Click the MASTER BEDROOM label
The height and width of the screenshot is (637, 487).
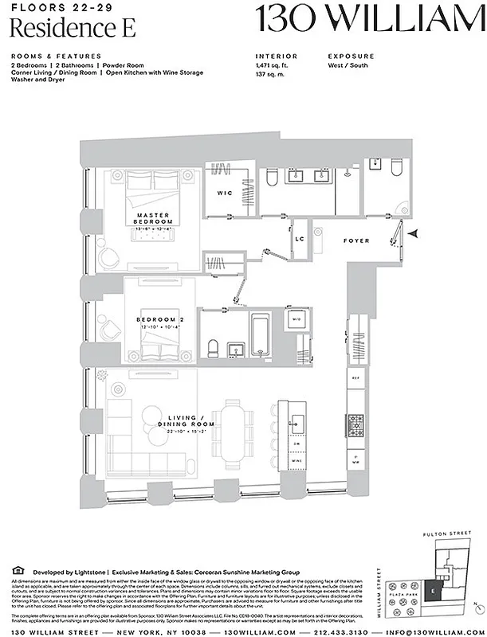[x=150, y=218]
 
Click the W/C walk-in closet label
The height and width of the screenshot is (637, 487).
[x=224, y=193]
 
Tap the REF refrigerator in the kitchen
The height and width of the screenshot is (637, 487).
[x=355, y=379]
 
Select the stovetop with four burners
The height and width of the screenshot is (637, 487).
[x=355, y=422]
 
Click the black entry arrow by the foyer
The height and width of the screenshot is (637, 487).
[x=411, y=233]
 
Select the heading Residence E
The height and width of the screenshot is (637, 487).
[x=73, y=28]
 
